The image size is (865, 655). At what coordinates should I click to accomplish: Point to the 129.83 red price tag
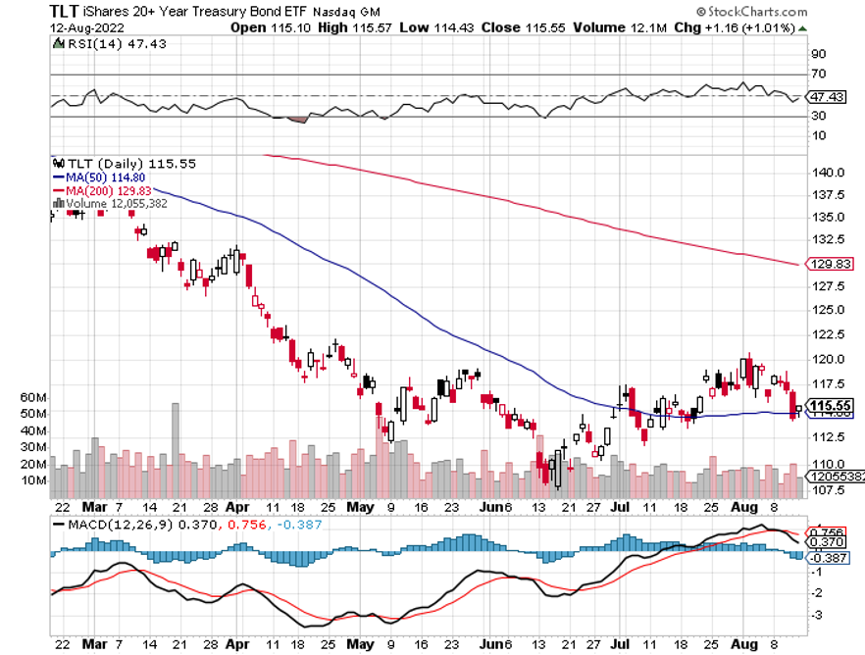coord(832,264)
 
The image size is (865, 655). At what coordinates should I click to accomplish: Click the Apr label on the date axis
coord(237,508)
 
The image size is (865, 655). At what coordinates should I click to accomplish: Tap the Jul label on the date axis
coord(622,508)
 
